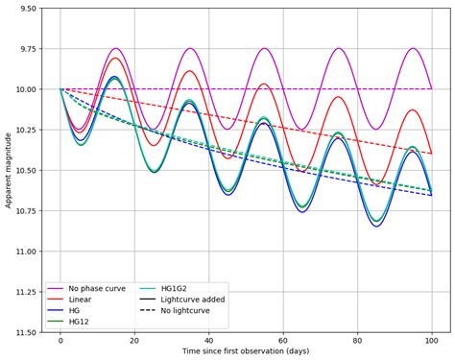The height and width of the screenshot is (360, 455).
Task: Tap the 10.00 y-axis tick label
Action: pyautogui.click(x=25, y=89)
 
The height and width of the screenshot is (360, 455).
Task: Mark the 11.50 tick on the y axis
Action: pyautogui.click(x=25, y=333)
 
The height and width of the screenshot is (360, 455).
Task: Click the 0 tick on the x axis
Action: pyautogui.click(x=60, y=341)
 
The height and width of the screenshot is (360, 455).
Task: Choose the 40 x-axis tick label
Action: pyautogui.click(x=208, y=341)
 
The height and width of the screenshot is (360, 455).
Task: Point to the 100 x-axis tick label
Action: pyautogui.click(x=431, y=341)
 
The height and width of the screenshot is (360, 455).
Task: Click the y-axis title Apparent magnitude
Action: pyautogui.click(x=8, y=170)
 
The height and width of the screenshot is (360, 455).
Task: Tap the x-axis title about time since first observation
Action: pyautogui.click(x=246, y=353)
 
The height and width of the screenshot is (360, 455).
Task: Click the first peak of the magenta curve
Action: pyautogui.click(x=116, y=48)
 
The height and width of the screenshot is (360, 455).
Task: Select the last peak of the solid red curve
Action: pyautogui.click(x=412, y=109)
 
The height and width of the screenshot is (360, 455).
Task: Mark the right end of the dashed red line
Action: pyautogui.click(x=431, y=154)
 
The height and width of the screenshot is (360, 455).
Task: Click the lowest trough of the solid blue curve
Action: pyautogui.click(x=376, y=226)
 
